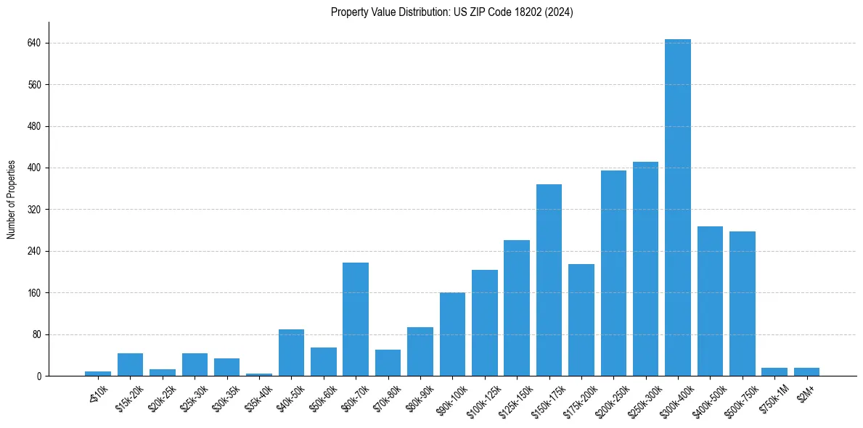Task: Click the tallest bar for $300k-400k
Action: tap(678, 207)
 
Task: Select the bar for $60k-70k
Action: tap(356, 319)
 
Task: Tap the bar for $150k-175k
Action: tap(549, 280)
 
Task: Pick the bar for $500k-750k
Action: tap(743, 303)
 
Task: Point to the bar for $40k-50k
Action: tap(291, 353)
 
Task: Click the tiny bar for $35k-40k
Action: tap(259, 374)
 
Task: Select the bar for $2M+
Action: tap(806, 372)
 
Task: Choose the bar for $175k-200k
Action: tap(581, 320)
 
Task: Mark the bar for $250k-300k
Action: tap(645, 268)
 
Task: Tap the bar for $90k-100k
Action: tap(452, 334)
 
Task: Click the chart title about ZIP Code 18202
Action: tap(451, 12)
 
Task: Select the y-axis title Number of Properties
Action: tap(12, 199)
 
